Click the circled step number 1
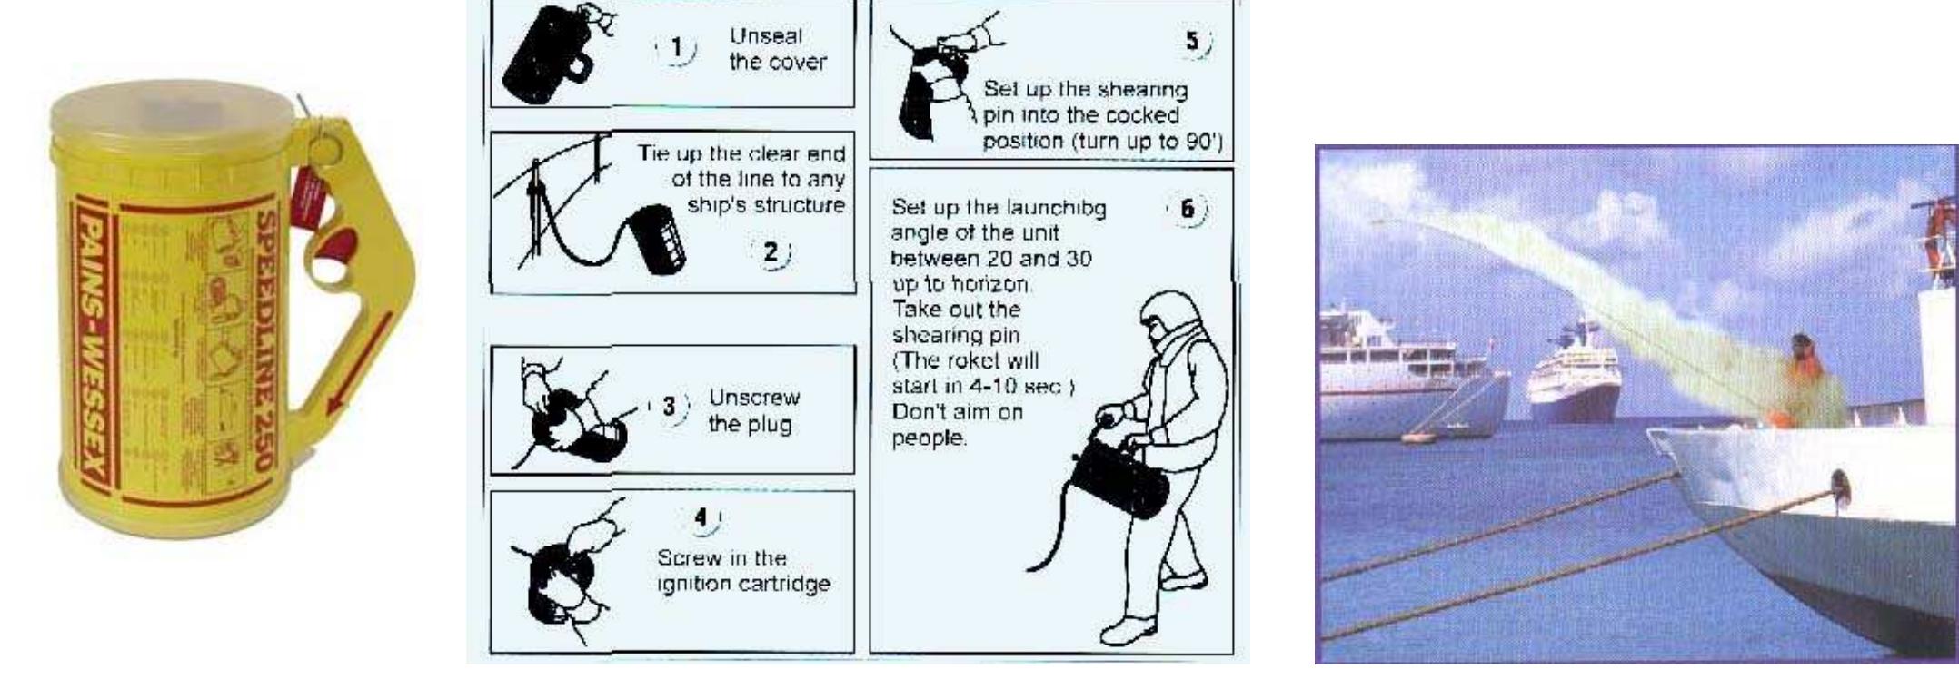[675, 49]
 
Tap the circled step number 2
[771, 251]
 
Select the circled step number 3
[670, 406]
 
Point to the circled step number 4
[701, 517]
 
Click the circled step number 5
[1193, 42]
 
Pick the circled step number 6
[1187, 209]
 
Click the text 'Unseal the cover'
[777, 49]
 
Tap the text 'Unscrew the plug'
[753, 410]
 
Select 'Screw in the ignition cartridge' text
[743, 570]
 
